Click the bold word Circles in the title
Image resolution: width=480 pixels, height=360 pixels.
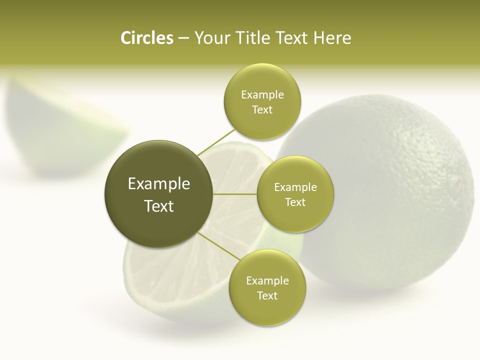(x=146, y=38)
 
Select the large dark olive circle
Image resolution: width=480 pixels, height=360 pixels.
(x=159, y=194)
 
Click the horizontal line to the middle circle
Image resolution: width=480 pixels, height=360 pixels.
(x=235, y=194)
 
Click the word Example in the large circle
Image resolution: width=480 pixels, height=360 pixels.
(x=159, y=184)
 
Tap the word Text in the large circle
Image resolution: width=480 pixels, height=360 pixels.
(x=159, y=206)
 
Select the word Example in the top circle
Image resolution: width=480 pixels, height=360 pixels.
(x=262, y=94)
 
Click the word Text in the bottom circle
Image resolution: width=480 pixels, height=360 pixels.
(x=267, y=295)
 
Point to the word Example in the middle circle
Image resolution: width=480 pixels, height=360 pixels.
(x=295, y=187)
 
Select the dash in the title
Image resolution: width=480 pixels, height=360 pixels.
(x=183, y=38)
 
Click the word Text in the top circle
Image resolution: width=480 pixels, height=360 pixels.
(x=262, y=109)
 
